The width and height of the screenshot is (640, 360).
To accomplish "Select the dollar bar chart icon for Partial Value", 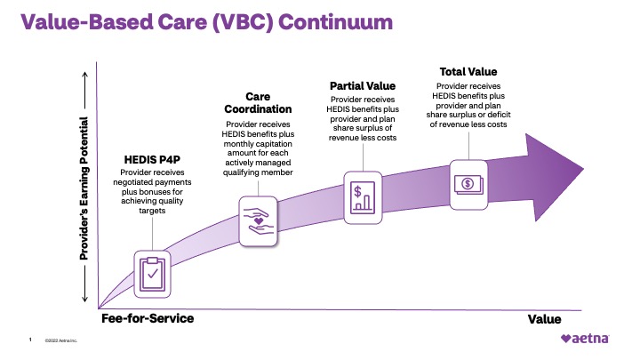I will point(362,192).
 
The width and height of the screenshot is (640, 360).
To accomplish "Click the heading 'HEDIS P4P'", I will point(151,160).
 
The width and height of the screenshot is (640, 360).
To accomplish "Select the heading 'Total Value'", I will point(468,71).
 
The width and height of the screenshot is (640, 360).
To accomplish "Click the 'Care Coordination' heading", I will point(257,103).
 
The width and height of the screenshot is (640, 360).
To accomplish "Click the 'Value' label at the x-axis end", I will point(544,319).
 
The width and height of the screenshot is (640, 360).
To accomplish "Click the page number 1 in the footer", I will point(30,340).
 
